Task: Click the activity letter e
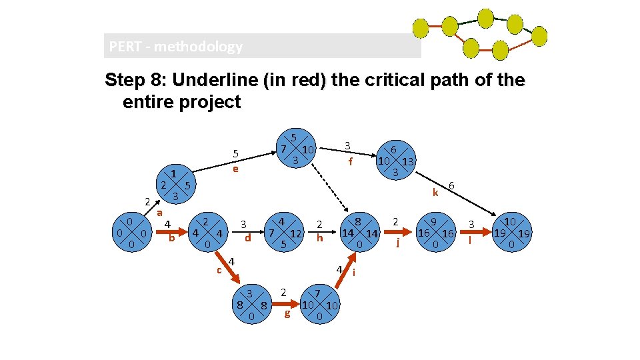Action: coord(235,169)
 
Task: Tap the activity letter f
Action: coord(350,161)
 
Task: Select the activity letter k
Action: coord(435,193)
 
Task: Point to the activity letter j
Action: coord(398,242)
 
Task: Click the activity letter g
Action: coord(287,313)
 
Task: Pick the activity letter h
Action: coord(320,237)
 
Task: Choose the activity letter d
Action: coord(247,237)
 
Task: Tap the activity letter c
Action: coord(219,269)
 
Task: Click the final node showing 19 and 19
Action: coord(511,233)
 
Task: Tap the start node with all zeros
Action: coord(132,233)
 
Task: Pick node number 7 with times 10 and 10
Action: coord(319,305)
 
